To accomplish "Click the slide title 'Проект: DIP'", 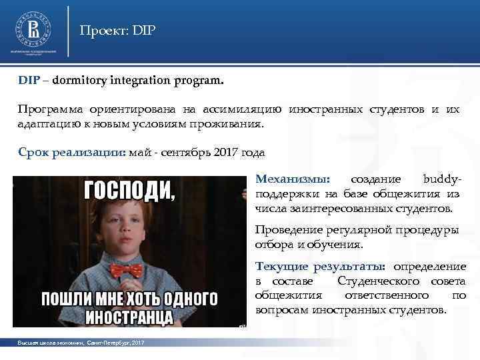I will point(117,31).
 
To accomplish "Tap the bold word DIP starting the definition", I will point(29,81).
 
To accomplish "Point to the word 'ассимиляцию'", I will point(243,109).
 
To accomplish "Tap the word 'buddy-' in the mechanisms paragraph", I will point(442,179).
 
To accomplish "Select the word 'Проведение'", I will point(287,231).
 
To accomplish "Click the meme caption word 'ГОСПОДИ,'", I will point(129,191).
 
